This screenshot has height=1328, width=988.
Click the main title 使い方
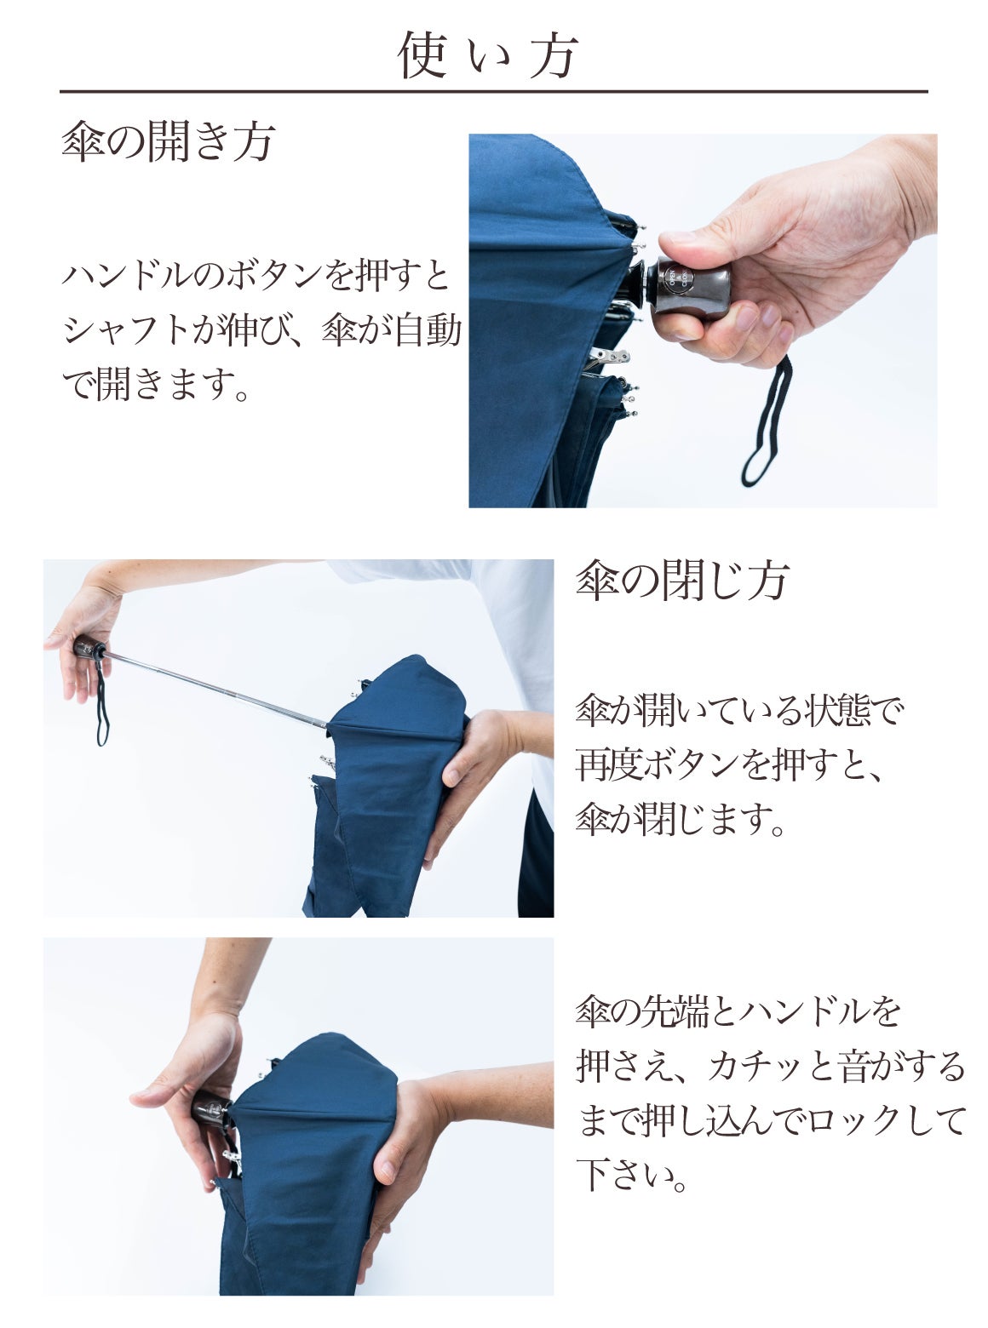(488, 55)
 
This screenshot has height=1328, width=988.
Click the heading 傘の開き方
(169, 141)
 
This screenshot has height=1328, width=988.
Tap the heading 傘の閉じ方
(682, 581)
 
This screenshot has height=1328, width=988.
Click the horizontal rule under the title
(494, 92)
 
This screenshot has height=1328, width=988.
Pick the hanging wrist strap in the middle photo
(102, 704)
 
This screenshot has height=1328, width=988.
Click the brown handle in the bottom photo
(210, 1108)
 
